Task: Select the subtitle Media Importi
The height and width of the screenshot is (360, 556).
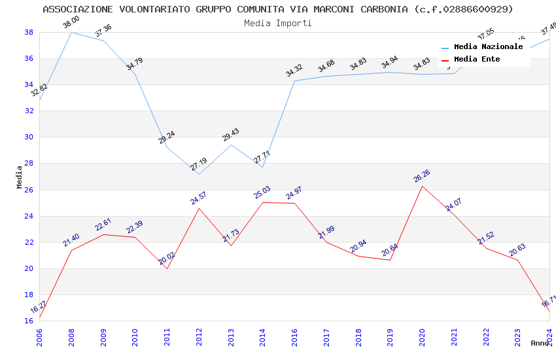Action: click(x=278, y=23)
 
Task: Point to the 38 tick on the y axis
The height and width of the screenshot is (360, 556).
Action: click(x=29, y=32)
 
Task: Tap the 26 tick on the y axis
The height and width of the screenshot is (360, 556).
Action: click(x=29, y=190)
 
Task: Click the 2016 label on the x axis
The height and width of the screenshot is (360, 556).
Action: click(x=294, y=334)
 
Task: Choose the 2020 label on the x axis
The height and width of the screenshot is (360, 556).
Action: click(x=422, y=334)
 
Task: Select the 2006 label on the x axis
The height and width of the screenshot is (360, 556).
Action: click(x=39, y=334)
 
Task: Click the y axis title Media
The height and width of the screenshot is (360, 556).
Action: click(x=20, y=177)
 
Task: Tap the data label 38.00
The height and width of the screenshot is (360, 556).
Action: click(x=71, y=24)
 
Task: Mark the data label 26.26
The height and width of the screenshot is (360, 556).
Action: click(x=422, y=176)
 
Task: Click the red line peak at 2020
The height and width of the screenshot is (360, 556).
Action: click(x=422, y=186)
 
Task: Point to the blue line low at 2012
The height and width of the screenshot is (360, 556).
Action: click(x=199, y=174)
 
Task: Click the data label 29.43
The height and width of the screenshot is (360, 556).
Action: click(x=231, y=135)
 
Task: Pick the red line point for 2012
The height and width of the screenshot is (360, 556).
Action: click(x=199, y=208)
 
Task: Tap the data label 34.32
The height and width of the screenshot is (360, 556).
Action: click(x=294, y=70)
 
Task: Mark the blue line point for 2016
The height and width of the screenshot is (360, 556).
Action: click(x=294, y=81)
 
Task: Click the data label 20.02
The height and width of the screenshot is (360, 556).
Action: click(x=167, y=259)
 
